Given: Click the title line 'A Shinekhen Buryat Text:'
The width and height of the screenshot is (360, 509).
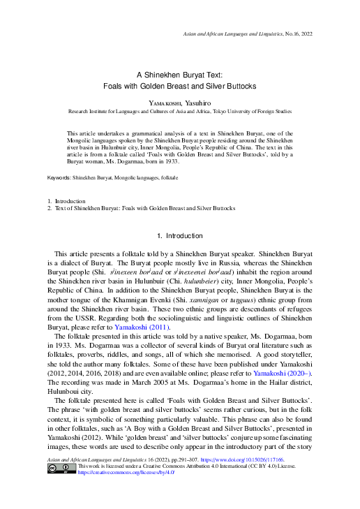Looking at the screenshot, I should point(179,74).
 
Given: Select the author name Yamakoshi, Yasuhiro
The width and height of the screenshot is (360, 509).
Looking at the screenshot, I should point(179,101).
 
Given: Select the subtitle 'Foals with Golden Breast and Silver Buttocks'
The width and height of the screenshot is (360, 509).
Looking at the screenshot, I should point(179,85).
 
